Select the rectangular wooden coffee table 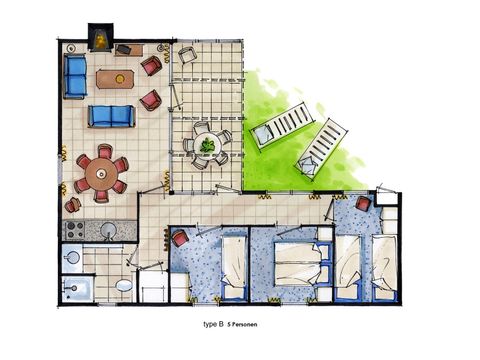click(x=116, y=77)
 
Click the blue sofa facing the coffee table click(x=110, y=117)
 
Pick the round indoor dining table click(x=100, y=172)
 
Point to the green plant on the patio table click(x=208, y=145)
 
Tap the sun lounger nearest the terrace click(x=281, y=125)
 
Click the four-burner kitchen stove click(x=73, y=230)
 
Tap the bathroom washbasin click(x=71, y=259)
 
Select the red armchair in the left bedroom click(x=180, y=239)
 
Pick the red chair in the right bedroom click(x=363, y=203)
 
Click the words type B click(x=213, y=326)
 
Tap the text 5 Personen click(x=245, y=326)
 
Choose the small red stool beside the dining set click(x=73, y=205)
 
